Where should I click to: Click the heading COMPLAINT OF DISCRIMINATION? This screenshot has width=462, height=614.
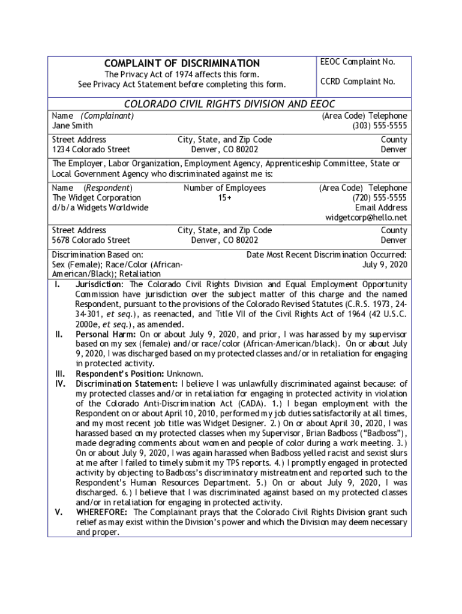182,64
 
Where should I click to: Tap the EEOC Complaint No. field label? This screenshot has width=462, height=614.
358,62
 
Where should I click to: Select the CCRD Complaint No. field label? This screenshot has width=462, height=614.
358,82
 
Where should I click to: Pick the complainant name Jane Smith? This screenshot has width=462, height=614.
72,126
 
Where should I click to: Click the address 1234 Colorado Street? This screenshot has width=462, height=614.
91,149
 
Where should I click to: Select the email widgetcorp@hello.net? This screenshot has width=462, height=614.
366,217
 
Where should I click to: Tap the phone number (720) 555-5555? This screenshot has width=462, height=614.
379,197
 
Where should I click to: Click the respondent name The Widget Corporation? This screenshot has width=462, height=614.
97,197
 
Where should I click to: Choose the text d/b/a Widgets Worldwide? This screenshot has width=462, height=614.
100,207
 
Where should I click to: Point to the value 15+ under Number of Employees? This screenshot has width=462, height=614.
224,197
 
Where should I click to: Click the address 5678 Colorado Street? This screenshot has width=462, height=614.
91,240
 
